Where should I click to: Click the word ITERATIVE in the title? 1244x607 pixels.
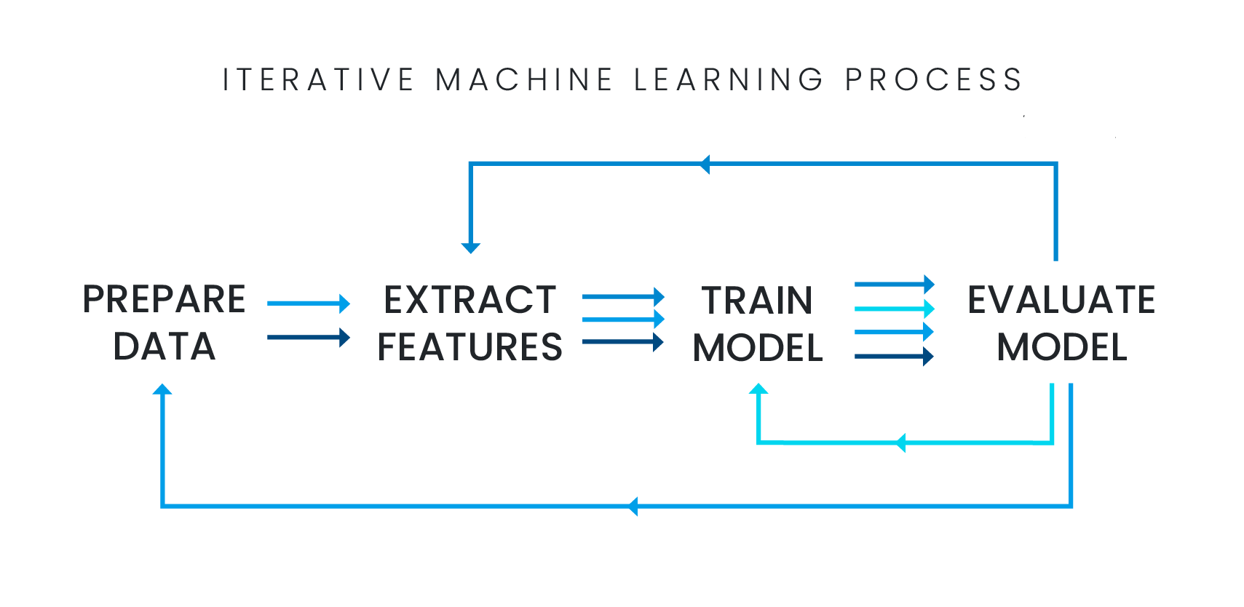pyautogui.click(x=318, y=80)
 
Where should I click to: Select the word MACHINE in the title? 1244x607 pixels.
pyautogui.click(x=524, y=80)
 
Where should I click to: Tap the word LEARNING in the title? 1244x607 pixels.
pyautogui.click(x=728, y=80)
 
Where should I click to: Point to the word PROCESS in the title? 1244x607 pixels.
pyautogui.click(x=934, y=80)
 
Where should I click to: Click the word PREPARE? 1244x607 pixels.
pyautogui.click(x=165, y=299)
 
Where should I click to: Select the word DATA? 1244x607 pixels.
pyautogui.click(x=166, y=346)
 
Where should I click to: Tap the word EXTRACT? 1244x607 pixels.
pyautogui.click(x=472, y=300)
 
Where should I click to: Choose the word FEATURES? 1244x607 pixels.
pyautogui.click(x=472, y=346)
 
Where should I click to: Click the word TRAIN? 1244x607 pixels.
pyautogui.click(x=756, y=300)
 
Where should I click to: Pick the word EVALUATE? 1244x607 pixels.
pyautogui.click(x=1062, y=300)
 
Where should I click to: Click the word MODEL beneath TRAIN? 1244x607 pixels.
pyautogui.click(x=756, y=347)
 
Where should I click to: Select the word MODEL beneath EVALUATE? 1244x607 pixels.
pyautogui.click(x=1060, y=347)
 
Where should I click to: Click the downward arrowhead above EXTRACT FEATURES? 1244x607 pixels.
pyautogui.click(x=471, y=247)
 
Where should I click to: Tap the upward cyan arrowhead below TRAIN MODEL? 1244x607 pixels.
pyautogui.click(x=758, y=389)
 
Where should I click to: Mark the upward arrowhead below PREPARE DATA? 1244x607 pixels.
pyautogui.click(x=162, y=389)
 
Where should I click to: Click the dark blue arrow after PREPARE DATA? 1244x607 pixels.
pyautogui.click(x=309, y=337)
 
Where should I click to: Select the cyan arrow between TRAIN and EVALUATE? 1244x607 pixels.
pyautogui.click(x=895, y=309)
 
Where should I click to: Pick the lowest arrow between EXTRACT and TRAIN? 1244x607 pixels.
pyautogui.click(x=623, y=342)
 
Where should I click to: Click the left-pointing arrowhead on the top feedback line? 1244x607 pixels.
pyautogui.click(x=705, y=164)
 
